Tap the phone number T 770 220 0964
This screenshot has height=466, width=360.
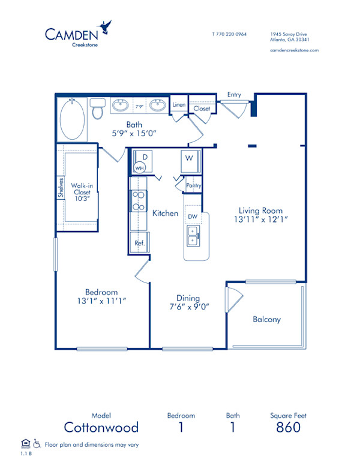[230, 34]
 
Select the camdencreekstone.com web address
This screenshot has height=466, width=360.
[294, 50]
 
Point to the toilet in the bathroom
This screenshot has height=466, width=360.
[98, 109]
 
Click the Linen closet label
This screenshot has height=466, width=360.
[179, 105]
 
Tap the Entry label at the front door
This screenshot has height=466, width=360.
[234, 94]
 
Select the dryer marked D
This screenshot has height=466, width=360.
[144, 157]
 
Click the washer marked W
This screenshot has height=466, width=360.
[188, 158]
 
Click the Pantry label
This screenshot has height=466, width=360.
[193, 186]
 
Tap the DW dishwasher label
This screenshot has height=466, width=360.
[193, 216]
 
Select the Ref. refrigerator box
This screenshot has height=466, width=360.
[139, 243]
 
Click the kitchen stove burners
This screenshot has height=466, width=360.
[139, 201]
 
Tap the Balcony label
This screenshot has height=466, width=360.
[266, 320]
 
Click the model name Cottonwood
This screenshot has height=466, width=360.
[101, 427]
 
